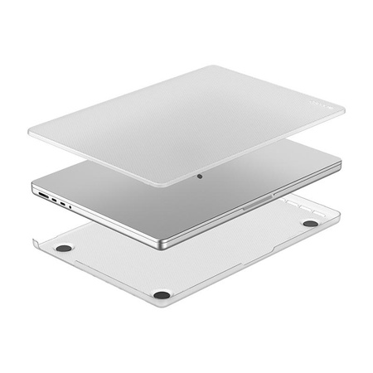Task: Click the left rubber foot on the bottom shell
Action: [x=64, y=248]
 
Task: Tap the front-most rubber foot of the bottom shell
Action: [x=162, y=293]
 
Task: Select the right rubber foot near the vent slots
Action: [x=310, y=223]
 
